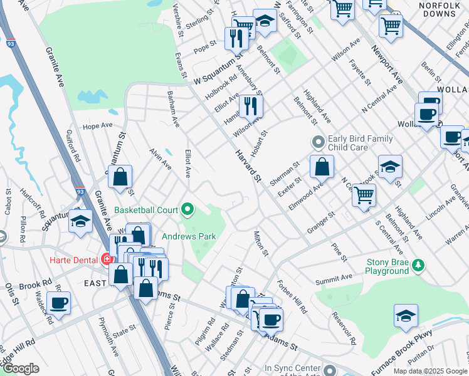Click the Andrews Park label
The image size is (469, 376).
click(189, 236)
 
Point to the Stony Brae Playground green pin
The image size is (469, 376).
click(418, 266)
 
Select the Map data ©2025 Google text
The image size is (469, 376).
click(429, 371)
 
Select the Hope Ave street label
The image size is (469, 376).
click(97, 125)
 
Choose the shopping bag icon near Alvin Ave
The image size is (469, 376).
click(120, 177)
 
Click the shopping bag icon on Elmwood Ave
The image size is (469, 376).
click(322, 167)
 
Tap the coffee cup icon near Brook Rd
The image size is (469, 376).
click(58, 303)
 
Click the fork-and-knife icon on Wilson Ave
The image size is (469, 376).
click(251, 106)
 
